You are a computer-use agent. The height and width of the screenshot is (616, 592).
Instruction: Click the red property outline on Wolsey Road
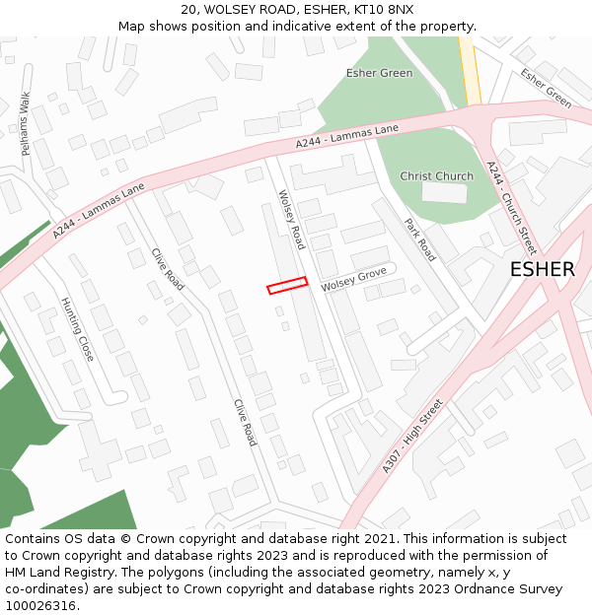tap(287, 285)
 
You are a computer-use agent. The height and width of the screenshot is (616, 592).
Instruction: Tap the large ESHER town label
tap(542, 270)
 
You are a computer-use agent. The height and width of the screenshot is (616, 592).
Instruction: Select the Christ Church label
tap(436, 176)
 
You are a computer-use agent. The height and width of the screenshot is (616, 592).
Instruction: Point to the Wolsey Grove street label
tap(353, 280)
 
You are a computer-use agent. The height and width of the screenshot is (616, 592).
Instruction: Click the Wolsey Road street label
tap(292, 220)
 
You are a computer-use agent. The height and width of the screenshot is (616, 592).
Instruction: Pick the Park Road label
tap(419, 240)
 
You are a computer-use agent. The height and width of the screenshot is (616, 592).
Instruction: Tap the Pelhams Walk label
tap(27, 123)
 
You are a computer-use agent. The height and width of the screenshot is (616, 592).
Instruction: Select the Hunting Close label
tap(77, 329)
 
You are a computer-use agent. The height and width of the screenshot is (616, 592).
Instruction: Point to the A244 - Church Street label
tap(511, 208)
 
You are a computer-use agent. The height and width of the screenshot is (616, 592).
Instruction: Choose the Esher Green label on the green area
tap(379, 73)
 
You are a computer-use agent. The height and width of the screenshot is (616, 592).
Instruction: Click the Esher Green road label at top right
tap(546, 88)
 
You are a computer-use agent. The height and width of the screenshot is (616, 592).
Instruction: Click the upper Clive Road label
tap(168, 267)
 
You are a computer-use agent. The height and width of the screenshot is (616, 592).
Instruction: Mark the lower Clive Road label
tap(245, 422)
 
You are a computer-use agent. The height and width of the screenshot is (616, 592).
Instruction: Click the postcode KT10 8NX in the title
tap(381, 10)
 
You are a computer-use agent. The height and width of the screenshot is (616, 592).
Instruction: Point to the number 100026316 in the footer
tap(39, 606)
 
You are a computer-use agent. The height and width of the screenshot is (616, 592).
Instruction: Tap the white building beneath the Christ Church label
tap(444, 192)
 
